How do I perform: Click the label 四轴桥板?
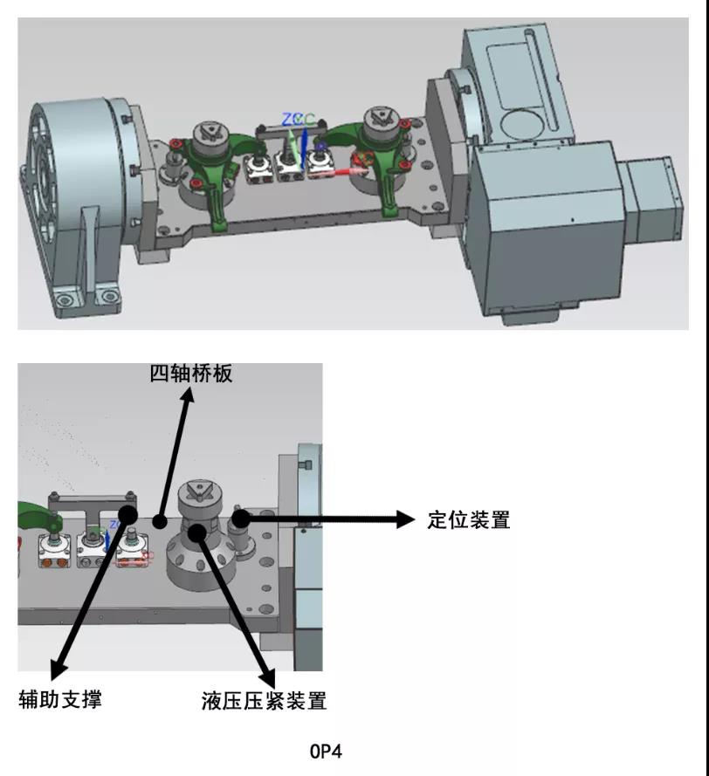point(191,374)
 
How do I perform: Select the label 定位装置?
point(468,520)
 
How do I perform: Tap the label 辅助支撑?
point(60,698)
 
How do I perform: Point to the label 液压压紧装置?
point(264,701)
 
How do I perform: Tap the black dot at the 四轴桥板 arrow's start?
point(159,522)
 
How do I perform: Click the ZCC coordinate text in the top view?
point(298,120)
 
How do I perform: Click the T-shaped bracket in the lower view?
point(93,505)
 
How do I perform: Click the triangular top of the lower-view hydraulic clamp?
point(203,495)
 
